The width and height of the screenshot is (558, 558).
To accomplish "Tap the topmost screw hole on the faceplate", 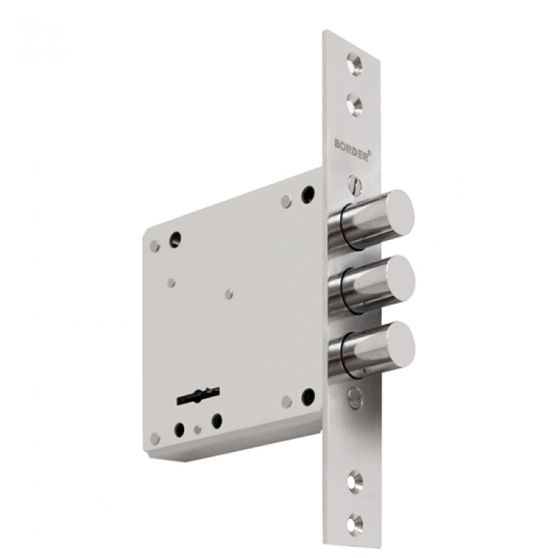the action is click(355, 64).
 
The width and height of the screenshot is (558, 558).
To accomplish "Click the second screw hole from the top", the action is click(355, 105).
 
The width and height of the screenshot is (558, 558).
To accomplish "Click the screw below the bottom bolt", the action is click(355, 397).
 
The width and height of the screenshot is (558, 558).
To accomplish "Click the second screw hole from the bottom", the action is click(356, 480).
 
